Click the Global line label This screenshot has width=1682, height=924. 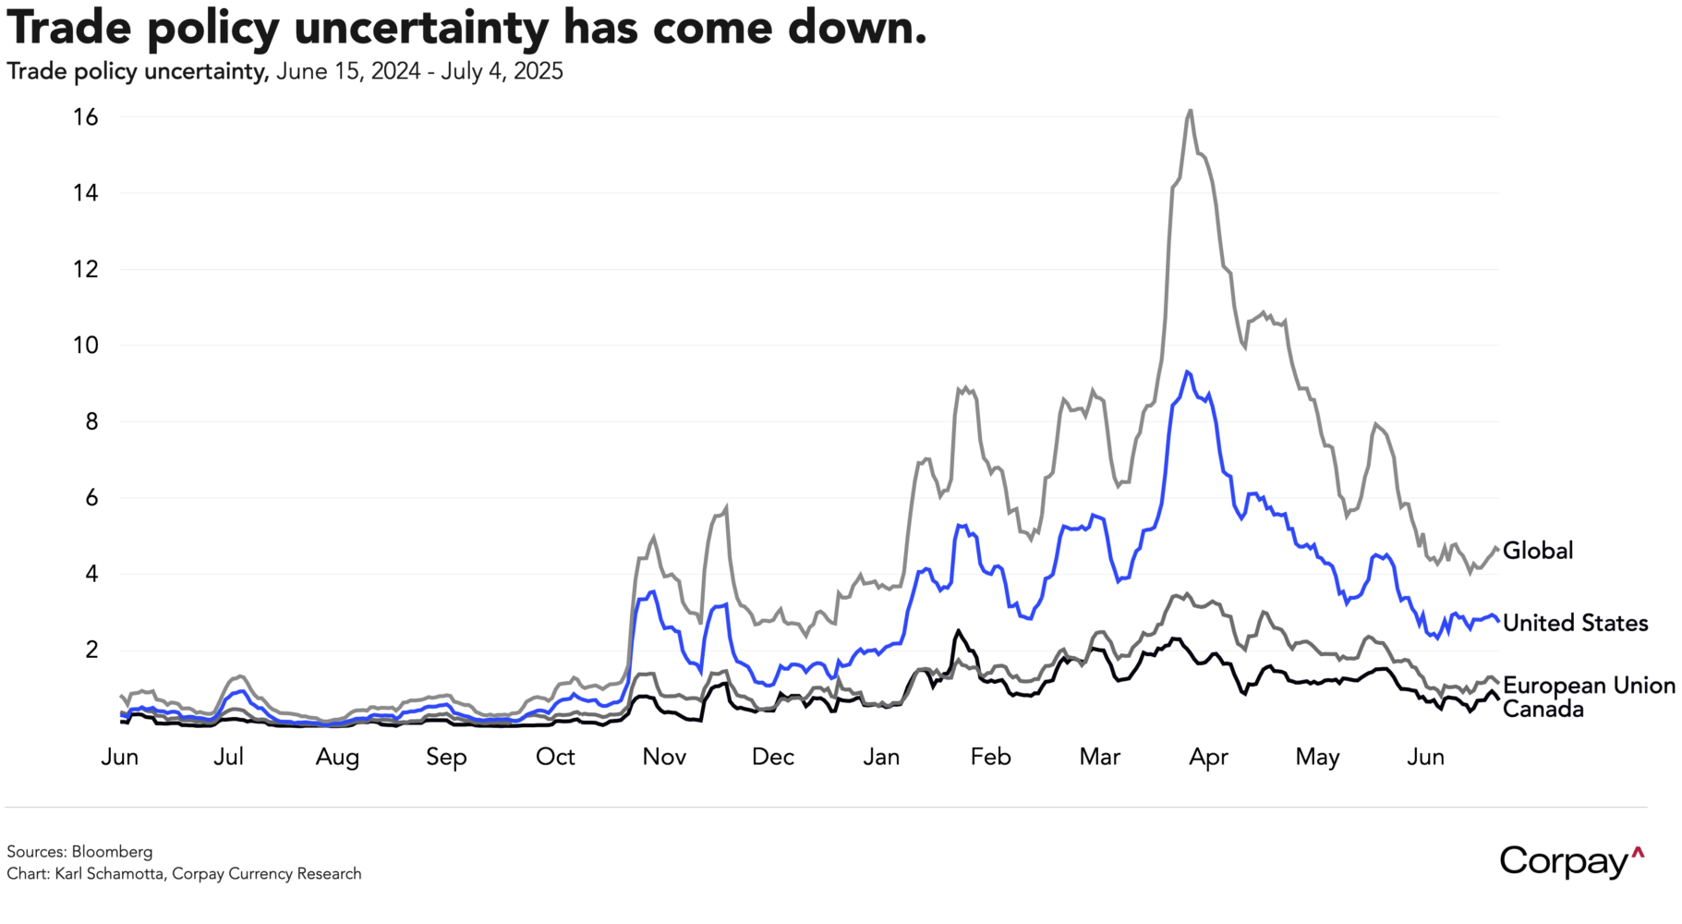[1537, 551]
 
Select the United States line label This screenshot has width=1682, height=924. [1575, 623]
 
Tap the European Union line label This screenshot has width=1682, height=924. [1589, 686]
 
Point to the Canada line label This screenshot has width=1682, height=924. [1543, 710]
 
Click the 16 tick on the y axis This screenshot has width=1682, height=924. [86, 117]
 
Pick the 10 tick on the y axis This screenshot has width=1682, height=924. [86, 346]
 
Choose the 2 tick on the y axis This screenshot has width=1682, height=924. [91, 650]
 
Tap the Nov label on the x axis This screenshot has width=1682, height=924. [664, 757]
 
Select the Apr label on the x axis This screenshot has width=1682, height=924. [1208, 757]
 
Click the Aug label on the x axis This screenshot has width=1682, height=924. [337, 757]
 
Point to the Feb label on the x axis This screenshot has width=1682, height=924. [990, 757]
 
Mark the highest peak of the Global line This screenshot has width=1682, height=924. [1190, 111]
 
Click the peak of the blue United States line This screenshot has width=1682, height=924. [1187, 371]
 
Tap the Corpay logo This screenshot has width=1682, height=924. [1571, 860]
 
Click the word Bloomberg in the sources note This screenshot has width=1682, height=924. [112, 852]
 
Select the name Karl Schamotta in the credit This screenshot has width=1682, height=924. [111, 874]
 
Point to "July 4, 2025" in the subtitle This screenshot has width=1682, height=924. [502, 72]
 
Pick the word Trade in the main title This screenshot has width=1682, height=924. [69, 28]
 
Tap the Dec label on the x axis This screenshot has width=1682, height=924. [773, 757]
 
